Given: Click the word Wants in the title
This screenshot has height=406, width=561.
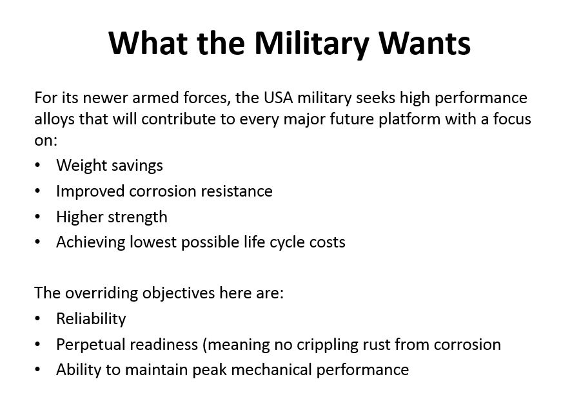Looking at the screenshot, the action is coord(424,43).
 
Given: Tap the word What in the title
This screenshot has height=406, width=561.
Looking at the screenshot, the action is coord(148,43).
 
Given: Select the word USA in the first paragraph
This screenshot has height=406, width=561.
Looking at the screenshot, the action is coord(279,98).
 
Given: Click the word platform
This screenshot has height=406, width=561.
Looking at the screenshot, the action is coord(409,119).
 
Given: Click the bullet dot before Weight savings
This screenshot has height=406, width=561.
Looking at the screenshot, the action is coord(37,165).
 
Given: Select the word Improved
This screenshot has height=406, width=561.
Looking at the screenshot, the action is coord(90,191).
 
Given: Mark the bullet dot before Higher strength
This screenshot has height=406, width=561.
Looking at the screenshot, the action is coord(37,217).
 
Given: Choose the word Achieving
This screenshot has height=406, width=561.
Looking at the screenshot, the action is coord(91,242).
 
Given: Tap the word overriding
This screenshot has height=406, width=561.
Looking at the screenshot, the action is coord(101,293).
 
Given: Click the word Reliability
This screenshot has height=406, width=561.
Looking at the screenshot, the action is coord(91,319).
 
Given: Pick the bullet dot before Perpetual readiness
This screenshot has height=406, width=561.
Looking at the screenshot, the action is coord(37,345).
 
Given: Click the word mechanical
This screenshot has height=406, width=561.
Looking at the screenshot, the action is coord(271,370).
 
